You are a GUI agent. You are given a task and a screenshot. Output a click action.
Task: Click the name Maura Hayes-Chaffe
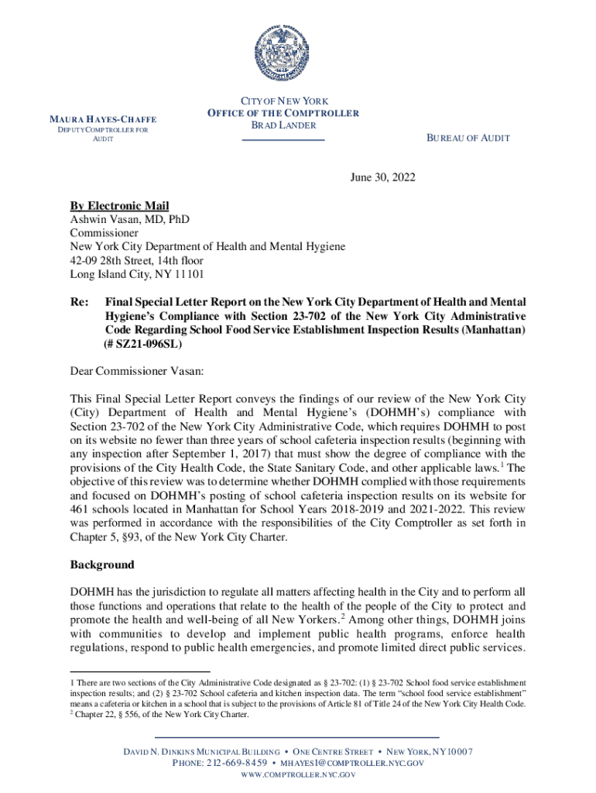[103, 119]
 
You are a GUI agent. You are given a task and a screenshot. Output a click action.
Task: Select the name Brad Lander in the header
[283, 125]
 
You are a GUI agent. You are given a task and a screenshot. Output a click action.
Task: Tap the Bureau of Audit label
[468, 138]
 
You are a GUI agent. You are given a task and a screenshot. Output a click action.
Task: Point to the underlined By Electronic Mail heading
[119, 205]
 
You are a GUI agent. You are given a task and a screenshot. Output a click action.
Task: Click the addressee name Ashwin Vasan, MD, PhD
[129, 219]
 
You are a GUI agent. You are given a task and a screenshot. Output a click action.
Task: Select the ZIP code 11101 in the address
[188, 274]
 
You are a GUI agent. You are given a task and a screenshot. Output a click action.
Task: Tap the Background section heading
[102, 565]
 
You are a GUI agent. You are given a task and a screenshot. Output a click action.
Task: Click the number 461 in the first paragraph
[82, 510]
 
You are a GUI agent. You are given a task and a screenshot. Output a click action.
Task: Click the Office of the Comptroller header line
[283, 113]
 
